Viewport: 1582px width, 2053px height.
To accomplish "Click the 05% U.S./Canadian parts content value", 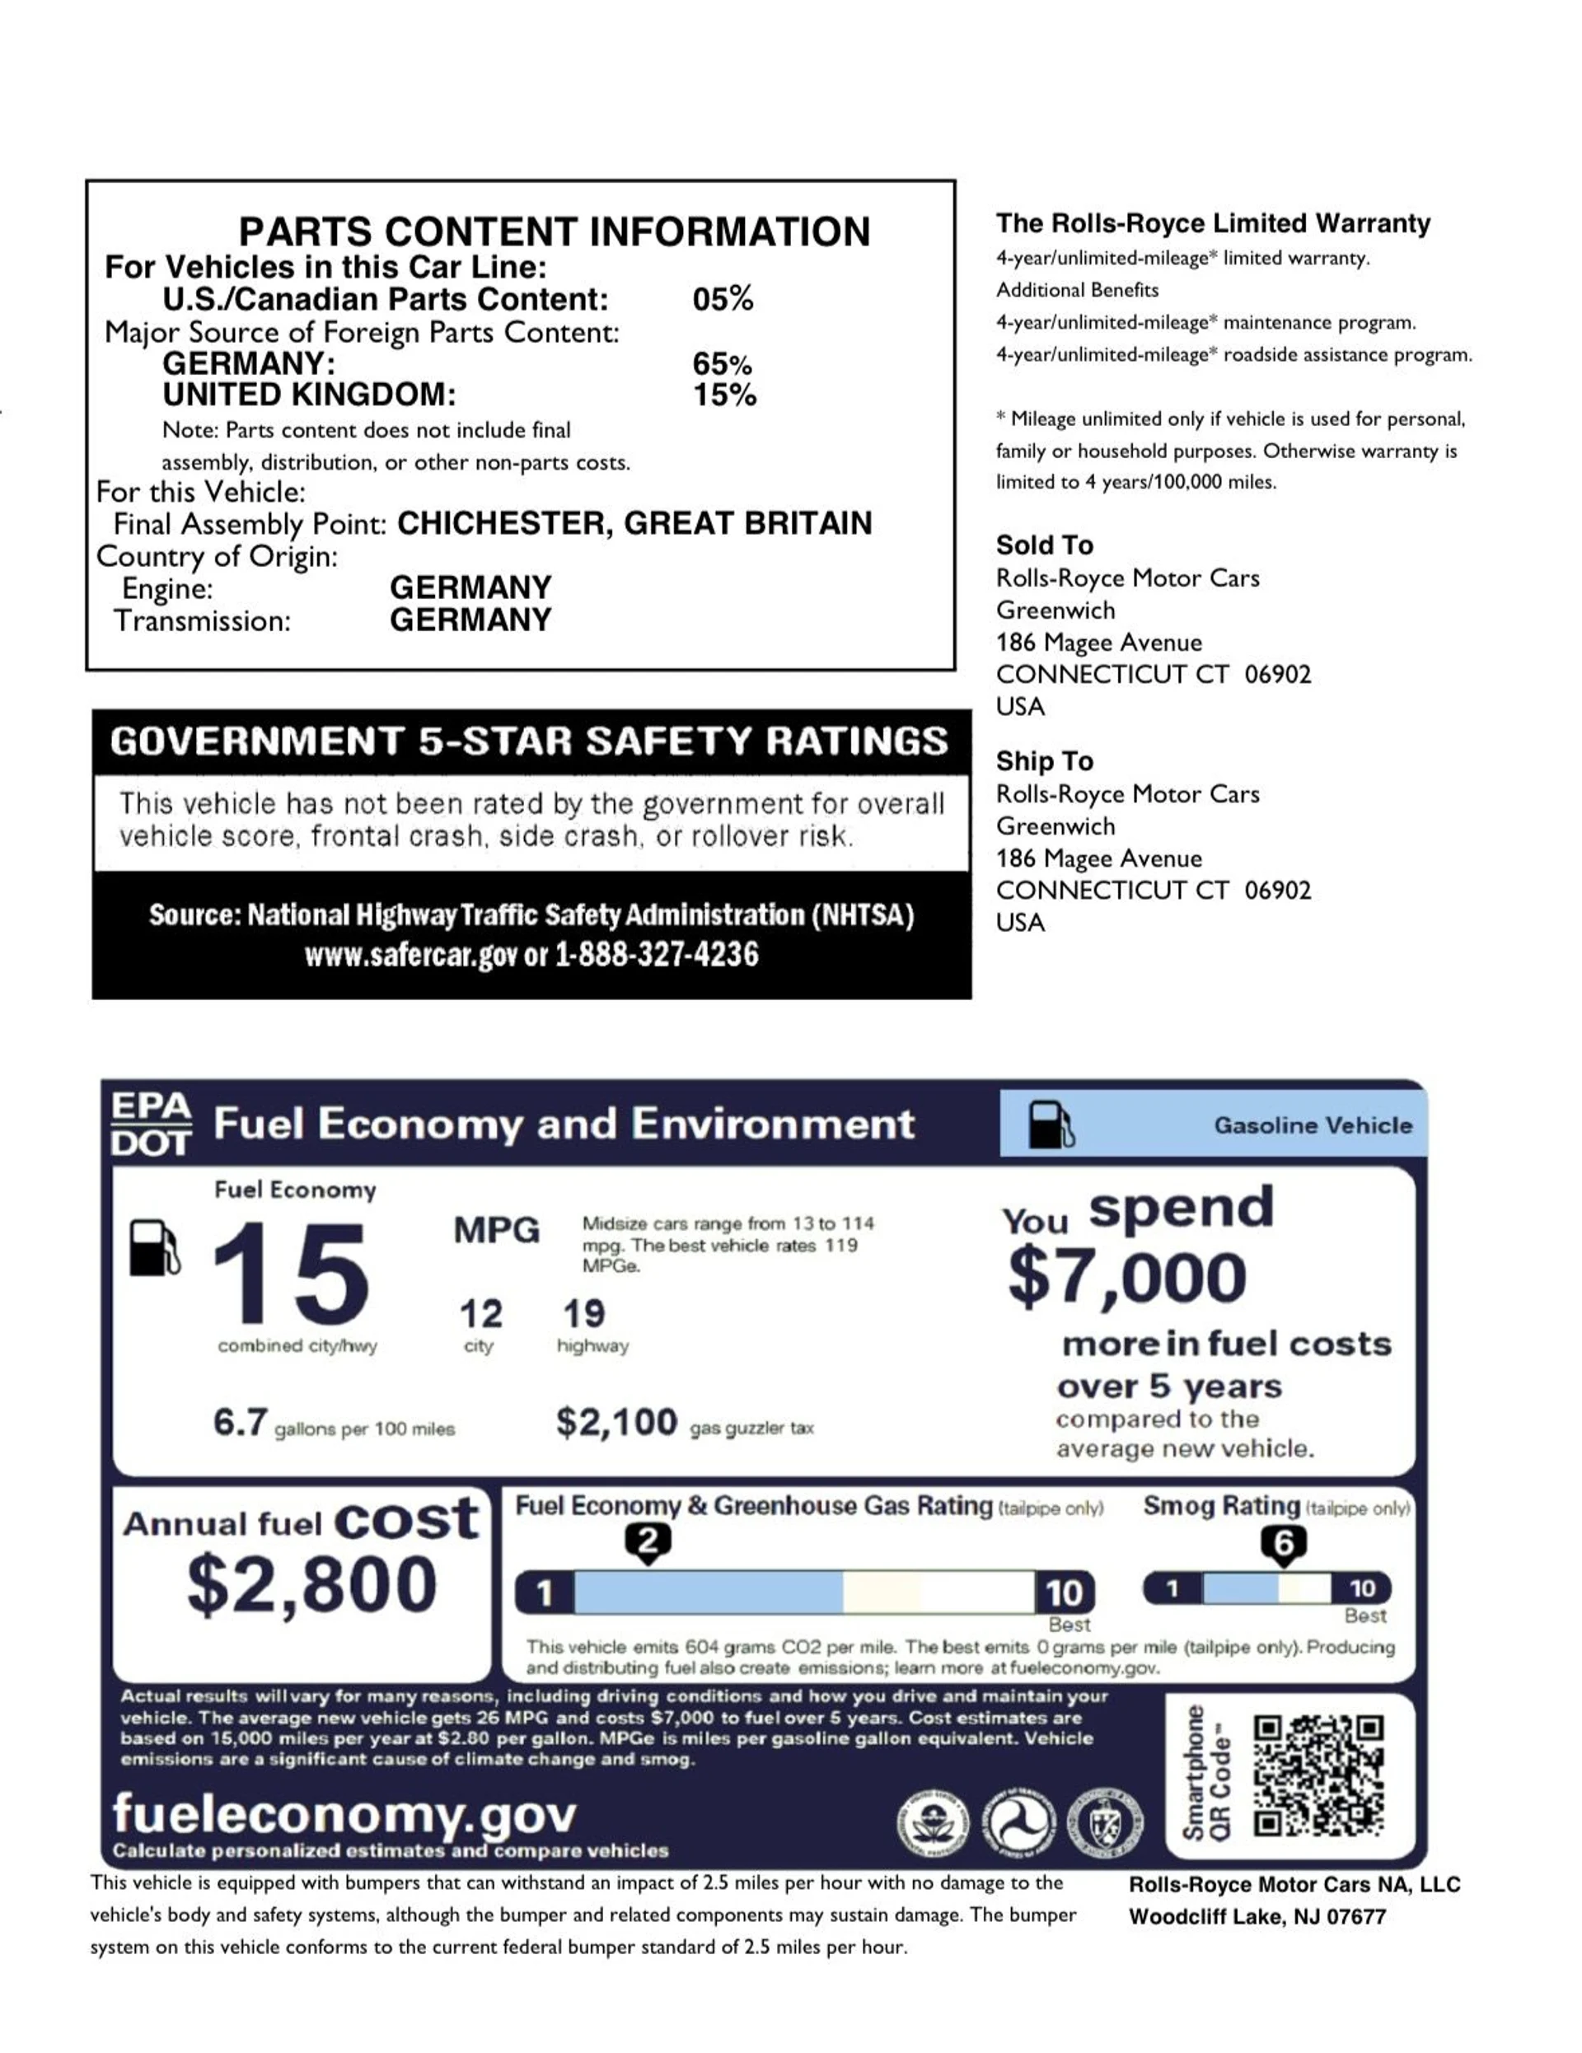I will (722, 299).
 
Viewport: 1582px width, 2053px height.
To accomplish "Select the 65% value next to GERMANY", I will (722, 364).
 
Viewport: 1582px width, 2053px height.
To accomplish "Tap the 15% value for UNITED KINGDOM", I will (723, 395).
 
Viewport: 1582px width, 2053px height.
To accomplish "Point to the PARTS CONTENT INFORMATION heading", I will (554, 231).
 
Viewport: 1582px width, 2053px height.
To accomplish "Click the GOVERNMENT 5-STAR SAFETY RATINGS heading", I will (529, 741).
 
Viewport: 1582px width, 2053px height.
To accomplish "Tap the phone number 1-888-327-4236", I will (656, 955).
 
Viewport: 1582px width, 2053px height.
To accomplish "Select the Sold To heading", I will (1044, 545).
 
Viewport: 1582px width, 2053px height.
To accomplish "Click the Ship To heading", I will (1044, 760).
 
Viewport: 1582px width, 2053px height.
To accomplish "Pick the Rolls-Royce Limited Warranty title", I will (1213, 224).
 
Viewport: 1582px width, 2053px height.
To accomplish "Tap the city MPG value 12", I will (480, 1313).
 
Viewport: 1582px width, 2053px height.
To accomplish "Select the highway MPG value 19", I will (583, 1313).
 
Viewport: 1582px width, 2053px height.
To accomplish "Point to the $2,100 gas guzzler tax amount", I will (615, 1422).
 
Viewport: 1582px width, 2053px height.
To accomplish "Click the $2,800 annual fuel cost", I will (312, 1585).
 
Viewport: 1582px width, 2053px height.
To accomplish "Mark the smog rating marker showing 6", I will (1283, 1545).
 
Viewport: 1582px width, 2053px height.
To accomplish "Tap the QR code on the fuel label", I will (1318, 1775).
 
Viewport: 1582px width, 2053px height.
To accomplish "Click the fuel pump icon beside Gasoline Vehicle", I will (1050, 1125).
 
